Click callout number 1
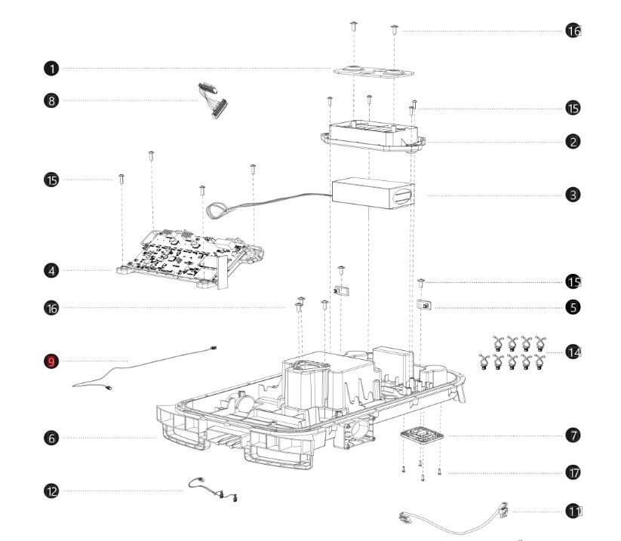click(x=51, y=69)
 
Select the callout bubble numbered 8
click(x=51, y=100)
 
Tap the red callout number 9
click(x=51, y=361)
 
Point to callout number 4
click(x=51, y=269)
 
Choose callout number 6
click(x=51, y=438)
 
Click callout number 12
click(x=51, y=490)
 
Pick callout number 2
click(x=573, y=141)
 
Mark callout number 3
click(x=573, y=194)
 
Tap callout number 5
click(x=573, y=307)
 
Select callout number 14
click(x=573, y=352)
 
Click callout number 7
click(x=573, y=435)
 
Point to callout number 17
click(x=573, y=472)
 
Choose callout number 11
click(x=573, y=512)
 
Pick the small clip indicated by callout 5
click(x=426, y=306)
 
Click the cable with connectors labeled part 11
click(x=453, y=519)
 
